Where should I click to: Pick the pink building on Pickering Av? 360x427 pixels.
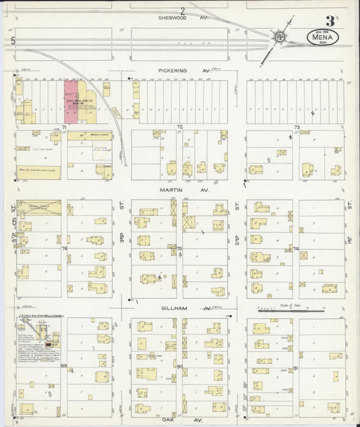[x=70, y=102]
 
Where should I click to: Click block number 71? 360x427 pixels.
[x=64, y=127]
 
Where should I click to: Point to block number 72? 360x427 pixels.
[x=180, y=127]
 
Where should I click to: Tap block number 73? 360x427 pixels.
[x=296, y=127]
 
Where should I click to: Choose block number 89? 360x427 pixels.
[x=64, y=366]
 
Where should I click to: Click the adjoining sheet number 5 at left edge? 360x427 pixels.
[x=14, y=42]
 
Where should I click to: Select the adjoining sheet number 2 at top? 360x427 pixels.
[x=183, y=10]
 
